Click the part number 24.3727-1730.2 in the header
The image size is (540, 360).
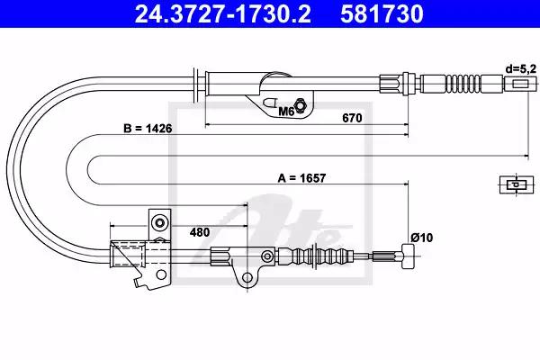click(x=223, y=13)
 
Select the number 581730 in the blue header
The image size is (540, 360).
click(x=382, y=13)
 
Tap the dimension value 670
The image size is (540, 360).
click(x=352, y=118)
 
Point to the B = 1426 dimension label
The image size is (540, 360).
click(x=148, y=129)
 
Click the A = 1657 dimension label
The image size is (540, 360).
click(x=301, y=178)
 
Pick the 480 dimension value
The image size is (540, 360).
click(x=200, y=232)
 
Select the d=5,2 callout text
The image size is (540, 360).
click(x=521, y=69)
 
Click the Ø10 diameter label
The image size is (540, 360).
click(x=421, y=238)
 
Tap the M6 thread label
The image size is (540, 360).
click(x=285, y=112)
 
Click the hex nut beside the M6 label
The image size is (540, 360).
click(x=300, y=104)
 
